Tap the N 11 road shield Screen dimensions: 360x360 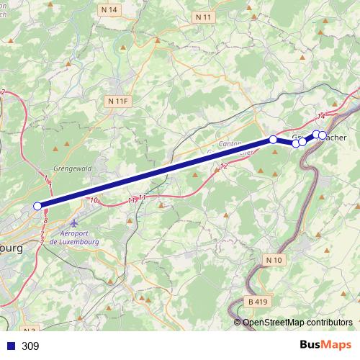point(204,15)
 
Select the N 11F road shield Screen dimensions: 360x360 point(117,102)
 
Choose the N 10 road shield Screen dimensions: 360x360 point(274,259)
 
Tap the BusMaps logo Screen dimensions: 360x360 point(327,345)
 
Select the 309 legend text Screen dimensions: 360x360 point(30,346)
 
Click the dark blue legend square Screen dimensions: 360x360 point(10,346)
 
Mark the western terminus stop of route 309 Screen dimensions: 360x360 point(37,206)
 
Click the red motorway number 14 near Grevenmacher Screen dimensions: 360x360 point(321,115)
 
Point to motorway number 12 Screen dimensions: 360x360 point(224,166)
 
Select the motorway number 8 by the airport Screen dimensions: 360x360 point(46,220)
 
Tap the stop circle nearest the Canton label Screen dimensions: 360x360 point(273,140)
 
